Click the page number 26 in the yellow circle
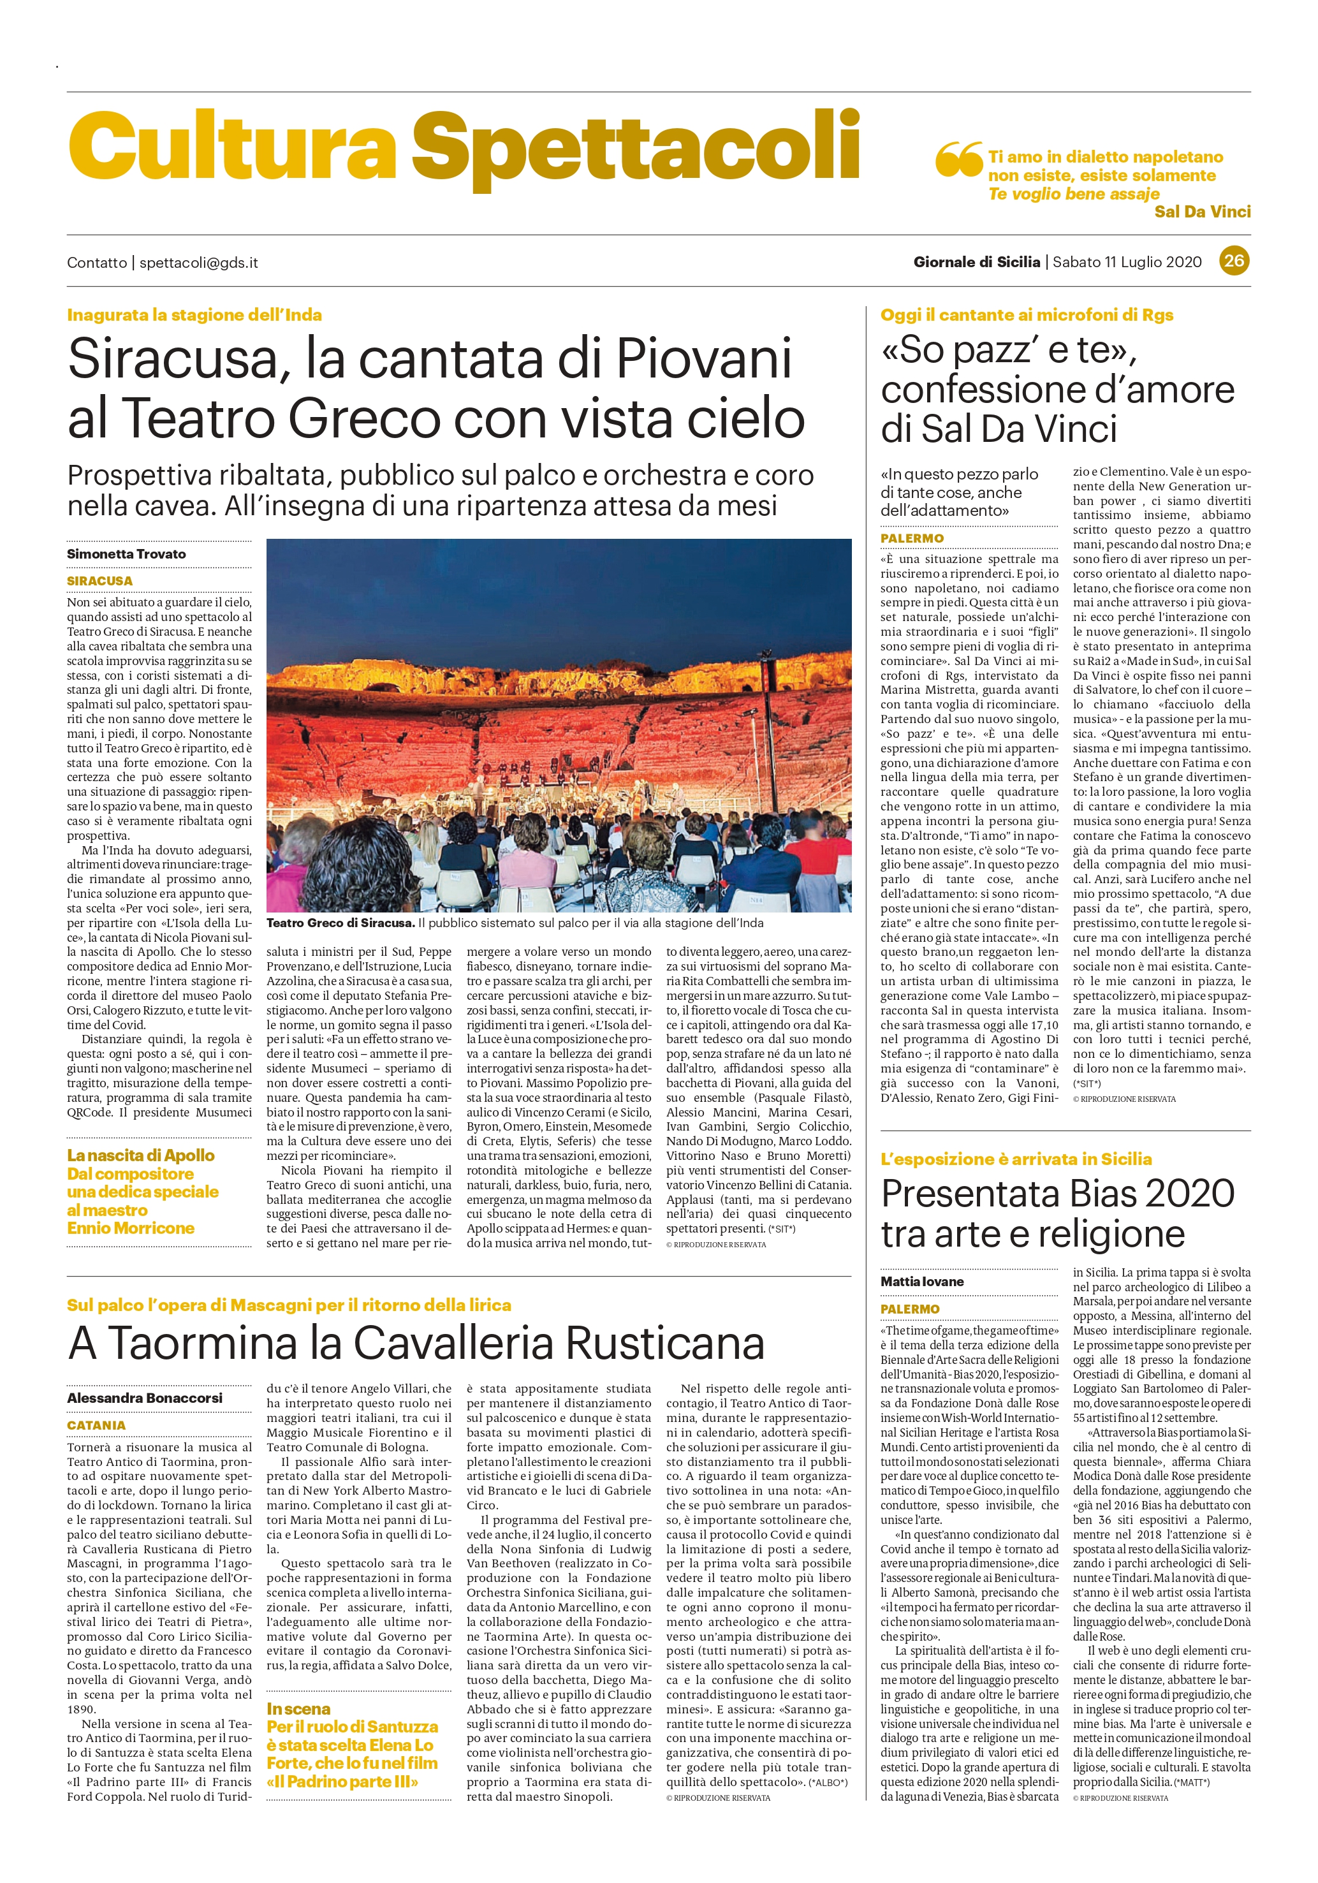pos(1234,261)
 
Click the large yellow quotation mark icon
pos(958,158)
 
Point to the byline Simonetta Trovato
pos(126,553)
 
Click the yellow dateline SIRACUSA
pos(99,581)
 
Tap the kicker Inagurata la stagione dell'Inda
pos(194,315)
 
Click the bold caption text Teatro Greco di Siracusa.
pos(340,923)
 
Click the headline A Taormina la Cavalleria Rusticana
pos(416,1342)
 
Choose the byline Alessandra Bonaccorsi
pos(144,1398)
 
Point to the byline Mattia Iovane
pos(922,1281)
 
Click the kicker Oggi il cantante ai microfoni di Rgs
pos(1027,315)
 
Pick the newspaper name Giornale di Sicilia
pos(976,263)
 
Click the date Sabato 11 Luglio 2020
pos(1126,263)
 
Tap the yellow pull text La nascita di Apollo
pos(140,1155)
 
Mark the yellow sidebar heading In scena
pos(298,1708)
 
